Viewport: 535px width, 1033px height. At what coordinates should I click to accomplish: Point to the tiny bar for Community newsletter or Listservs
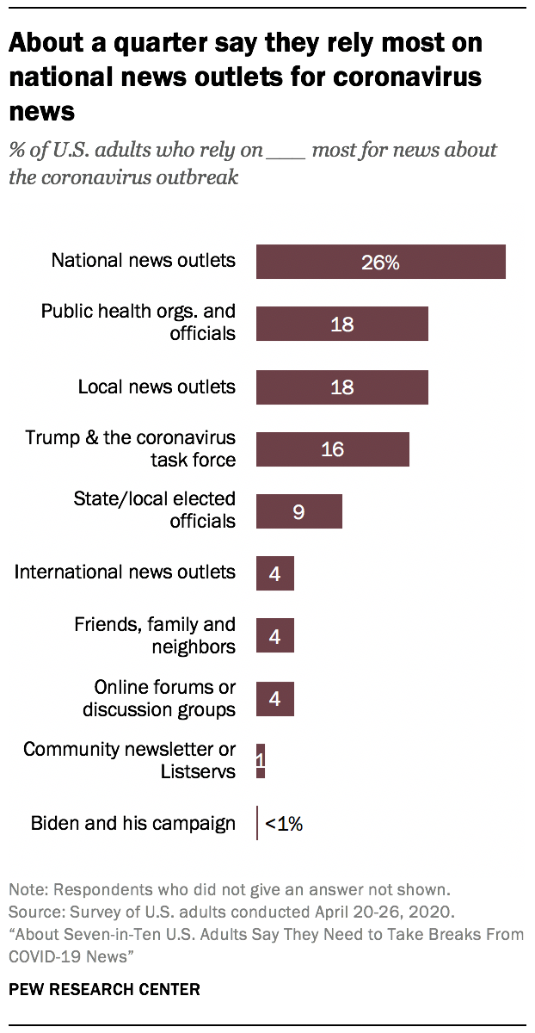(x=261, y=761)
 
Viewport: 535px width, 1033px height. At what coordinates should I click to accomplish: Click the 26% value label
(x=380, y=263)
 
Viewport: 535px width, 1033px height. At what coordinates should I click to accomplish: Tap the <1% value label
(x=284, y=824)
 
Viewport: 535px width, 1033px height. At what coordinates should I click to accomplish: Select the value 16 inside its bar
(x=332, y=449)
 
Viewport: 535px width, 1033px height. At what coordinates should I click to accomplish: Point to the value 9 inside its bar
(x=298, y=512)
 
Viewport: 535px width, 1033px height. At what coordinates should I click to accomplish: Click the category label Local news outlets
(x=157, y=387)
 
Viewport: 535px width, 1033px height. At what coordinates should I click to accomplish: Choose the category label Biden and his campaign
(x=132, y=823)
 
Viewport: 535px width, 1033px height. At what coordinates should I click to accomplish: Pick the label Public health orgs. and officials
(x=138, y=322)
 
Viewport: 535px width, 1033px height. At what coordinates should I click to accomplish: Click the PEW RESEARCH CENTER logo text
(x=104, y=989)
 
